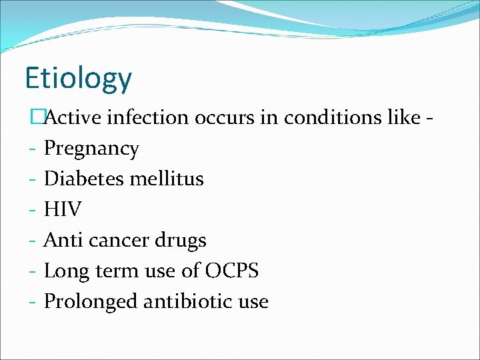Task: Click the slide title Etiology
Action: pyautogui.click(x=78, y=79)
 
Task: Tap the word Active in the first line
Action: pyautogui.click(x=73, y=117)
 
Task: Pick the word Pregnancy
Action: pyautogui.click(x=91, y=149)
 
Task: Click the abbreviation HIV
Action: pyautogui.click(x=63, y=209)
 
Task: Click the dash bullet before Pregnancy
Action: pyautogui.click(x=32, y=149)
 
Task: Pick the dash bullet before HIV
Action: pyautogui.click(x=32, y=210)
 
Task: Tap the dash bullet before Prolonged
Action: pyautogui.click(x=32, y=302)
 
